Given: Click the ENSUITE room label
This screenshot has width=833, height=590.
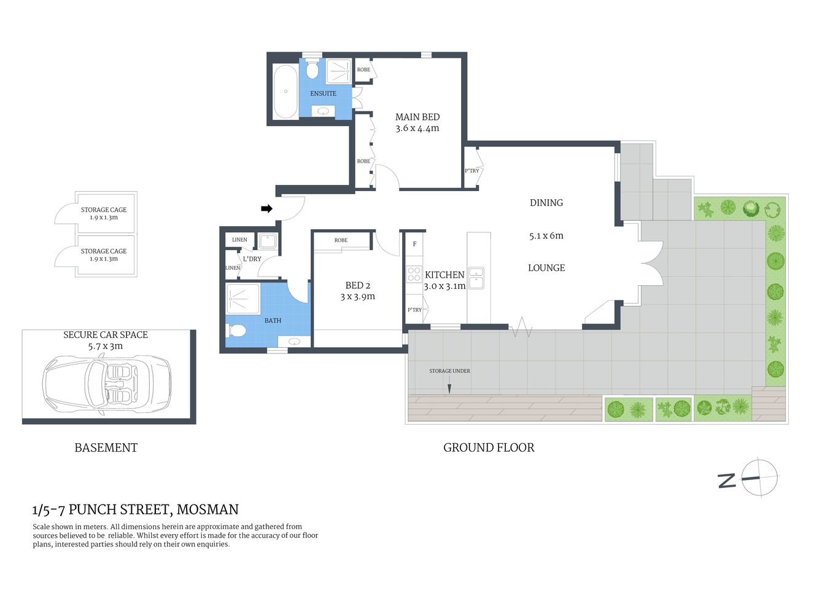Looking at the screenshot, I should (x=323, y=93).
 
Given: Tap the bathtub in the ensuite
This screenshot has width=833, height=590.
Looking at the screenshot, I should (x=285, y=92).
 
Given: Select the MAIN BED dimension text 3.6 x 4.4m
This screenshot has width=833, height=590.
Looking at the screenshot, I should (x=417, y=128).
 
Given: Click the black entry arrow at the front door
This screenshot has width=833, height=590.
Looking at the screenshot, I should (x=266, y=209).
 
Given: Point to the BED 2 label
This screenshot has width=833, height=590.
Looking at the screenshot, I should (x=357, y=285).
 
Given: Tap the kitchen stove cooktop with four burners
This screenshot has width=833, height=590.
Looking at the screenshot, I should (x=414, y=274).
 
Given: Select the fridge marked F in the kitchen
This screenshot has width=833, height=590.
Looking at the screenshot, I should (x=414, y=244).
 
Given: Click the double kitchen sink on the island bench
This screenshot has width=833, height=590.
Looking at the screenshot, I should (x=476, y=278).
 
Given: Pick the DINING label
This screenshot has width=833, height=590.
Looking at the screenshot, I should (x=546, y=203).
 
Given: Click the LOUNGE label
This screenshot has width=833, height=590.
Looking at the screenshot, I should (x=546, y=268).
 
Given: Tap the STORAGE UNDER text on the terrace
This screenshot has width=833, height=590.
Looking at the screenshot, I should (x=449, y=371).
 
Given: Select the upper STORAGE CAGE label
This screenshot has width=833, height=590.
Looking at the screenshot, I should (x=104, y=210).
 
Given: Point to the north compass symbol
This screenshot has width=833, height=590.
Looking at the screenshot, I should (x=759, y=478).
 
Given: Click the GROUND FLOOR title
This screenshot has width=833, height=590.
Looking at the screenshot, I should (x=489, y=447).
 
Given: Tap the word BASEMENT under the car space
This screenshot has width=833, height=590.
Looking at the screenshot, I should (x=106, y=447).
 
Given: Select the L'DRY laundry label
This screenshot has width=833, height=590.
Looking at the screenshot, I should (x=252, y=259).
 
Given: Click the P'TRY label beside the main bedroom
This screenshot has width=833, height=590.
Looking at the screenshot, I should (x=471, y=171).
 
